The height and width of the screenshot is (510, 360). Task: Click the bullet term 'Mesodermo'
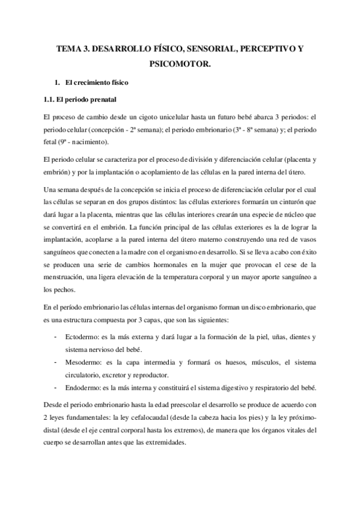pyautogui.click(x=82, y=363)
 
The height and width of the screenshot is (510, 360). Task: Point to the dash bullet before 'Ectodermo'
pyautogui.click(x=56, y=337)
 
